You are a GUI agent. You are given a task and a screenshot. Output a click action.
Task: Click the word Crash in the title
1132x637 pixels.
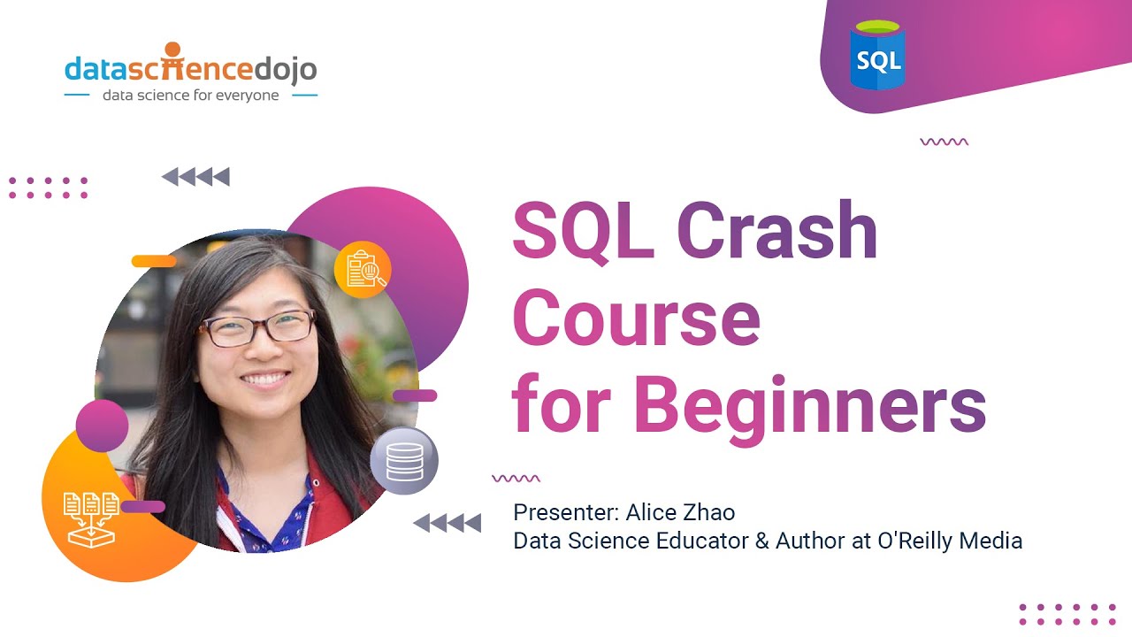pyautogui.click(x=776, y=231)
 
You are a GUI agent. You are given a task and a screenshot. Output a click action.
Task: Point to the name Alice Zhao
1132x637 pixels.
pyautogui.click(x=680, y=512)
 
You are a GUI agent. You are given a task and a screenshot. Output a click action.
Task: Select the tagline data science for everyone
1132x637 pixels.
pyautogui.click(x=190, y=95)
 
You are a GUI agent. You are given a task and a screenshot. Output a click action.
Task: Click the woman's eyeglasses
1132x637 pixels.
pyautogui.click(x=256, y=327)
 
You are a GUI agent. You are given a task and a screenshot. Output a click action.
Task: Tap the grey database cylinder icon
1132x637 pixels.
pyautogui.click(x=404, y=461)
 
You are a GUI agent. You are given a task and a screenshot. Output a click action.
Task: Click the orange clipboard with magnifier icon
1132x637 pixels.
pyautogui.click(x=363, y=269)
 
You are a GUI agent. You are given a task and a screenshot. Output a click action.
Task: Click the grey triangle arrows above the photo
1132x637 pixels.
pyautogui.click(x=195, y=177)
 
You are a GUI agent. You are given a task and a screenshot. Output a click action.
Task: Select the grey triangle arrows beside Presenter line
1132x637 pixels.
pyautogui.click(x=447, y=523)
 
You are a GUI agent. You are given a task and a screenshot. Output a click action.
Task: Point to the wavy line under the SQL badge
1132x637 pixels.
pyautogui.click(x=944, y=142)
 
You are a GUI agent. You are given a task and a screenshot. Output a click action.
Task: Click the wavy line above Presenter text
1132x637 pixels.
pyautogui.click(x=516, y=479)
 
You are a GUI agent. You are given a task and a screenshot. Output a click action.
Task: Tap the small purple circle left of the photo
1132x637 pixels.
pyautogui.click(x=103, y=425)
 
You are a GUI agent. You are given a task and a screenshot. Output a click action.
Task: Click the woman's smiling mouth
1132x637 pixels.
pyautogui.click(x=265, y=379)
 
